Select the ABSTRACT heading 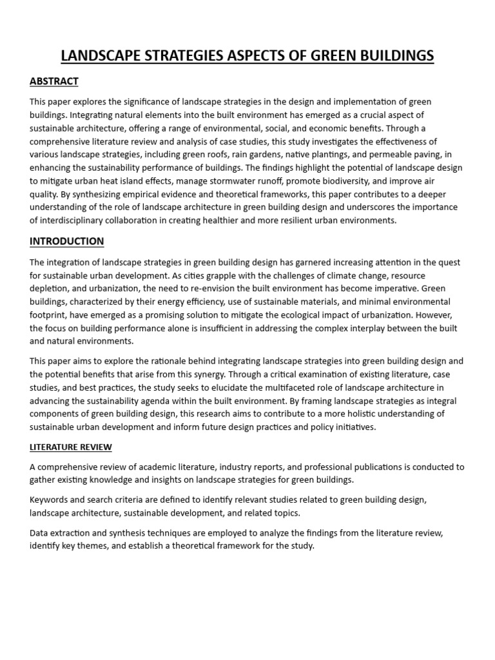(x=54, y=81)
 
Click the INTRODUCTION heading (x=66, y=241)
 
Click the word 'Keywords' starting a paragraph (x=49, y=500)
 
